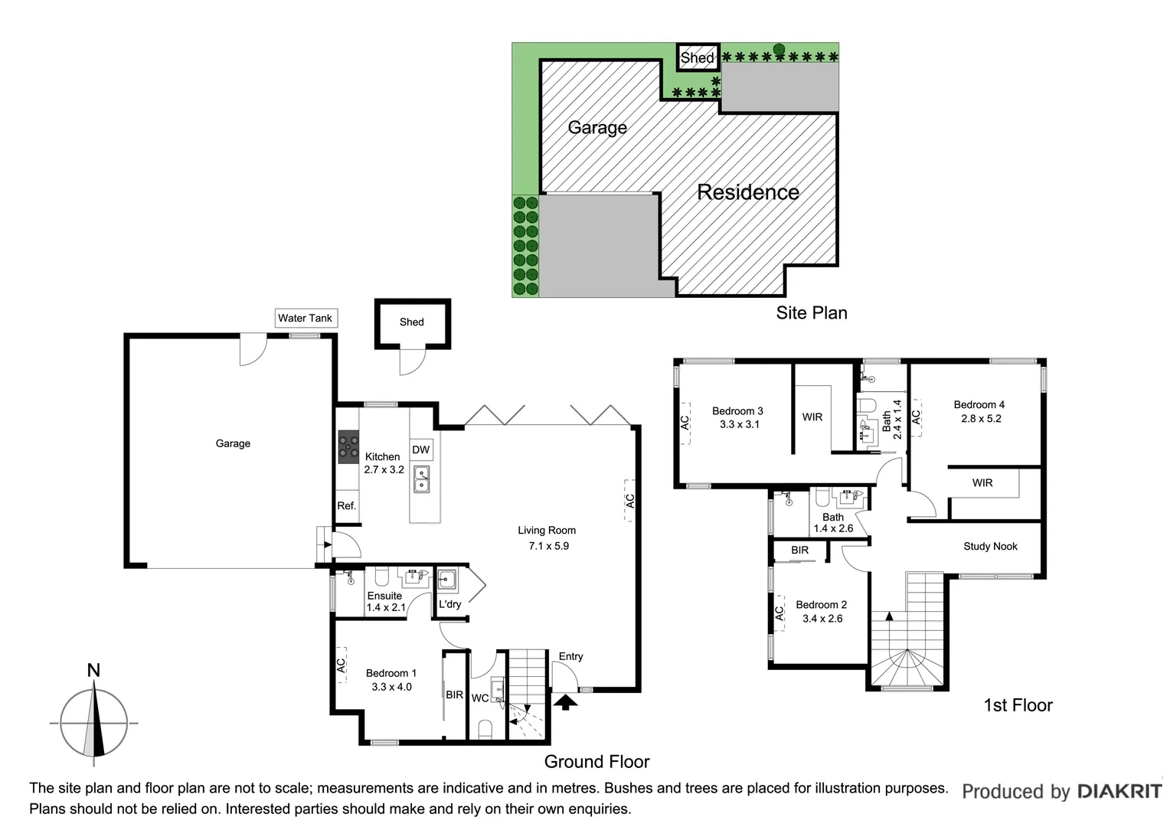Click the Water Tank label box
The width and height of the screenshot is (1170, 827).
click(x=306, y=318)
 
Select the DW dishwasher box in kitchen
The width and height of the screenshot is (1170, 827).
click(x=421, y=449)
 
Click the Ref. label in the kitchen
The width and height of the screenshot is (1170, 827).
click(x=347, y=505)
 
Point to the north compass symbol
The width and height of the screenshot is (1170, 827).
click(x=94, y=721)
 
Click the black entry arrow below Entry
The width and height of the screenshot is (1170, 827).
click(x=565, y=701)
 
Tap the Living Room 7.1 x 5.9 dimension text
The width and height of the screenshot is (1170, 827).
click(x=548, y=546)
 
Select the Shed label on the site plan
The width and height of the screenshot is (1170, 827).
click(x=697, y=57)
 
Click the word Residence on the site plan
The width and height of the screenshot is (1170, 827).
click(x=748, y=192)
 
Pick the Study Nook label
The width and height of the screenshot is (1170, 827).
click(x=990, y=546)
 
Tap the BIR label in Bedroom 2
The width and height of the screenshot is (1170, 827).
click(x=799, y=550)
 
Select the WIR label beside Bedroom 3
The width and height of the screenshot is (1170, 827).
click(x=812, y=417)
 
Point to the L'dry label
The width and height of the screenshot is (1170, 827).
click(x=449, y=604)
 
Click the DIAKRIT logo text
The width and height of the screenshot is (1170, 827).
click(x=1119, y=791)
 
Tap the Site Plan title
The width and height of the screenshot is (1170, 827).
click(x=811, y=312)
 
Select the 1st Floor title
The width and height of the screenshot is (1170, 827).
click(x=1018, y=705)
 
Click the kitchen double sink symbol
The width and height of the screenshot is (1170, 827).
click(x=421, y=479)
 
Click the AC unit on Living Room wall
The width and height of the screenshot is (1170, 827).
click(x=629, y=501)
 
